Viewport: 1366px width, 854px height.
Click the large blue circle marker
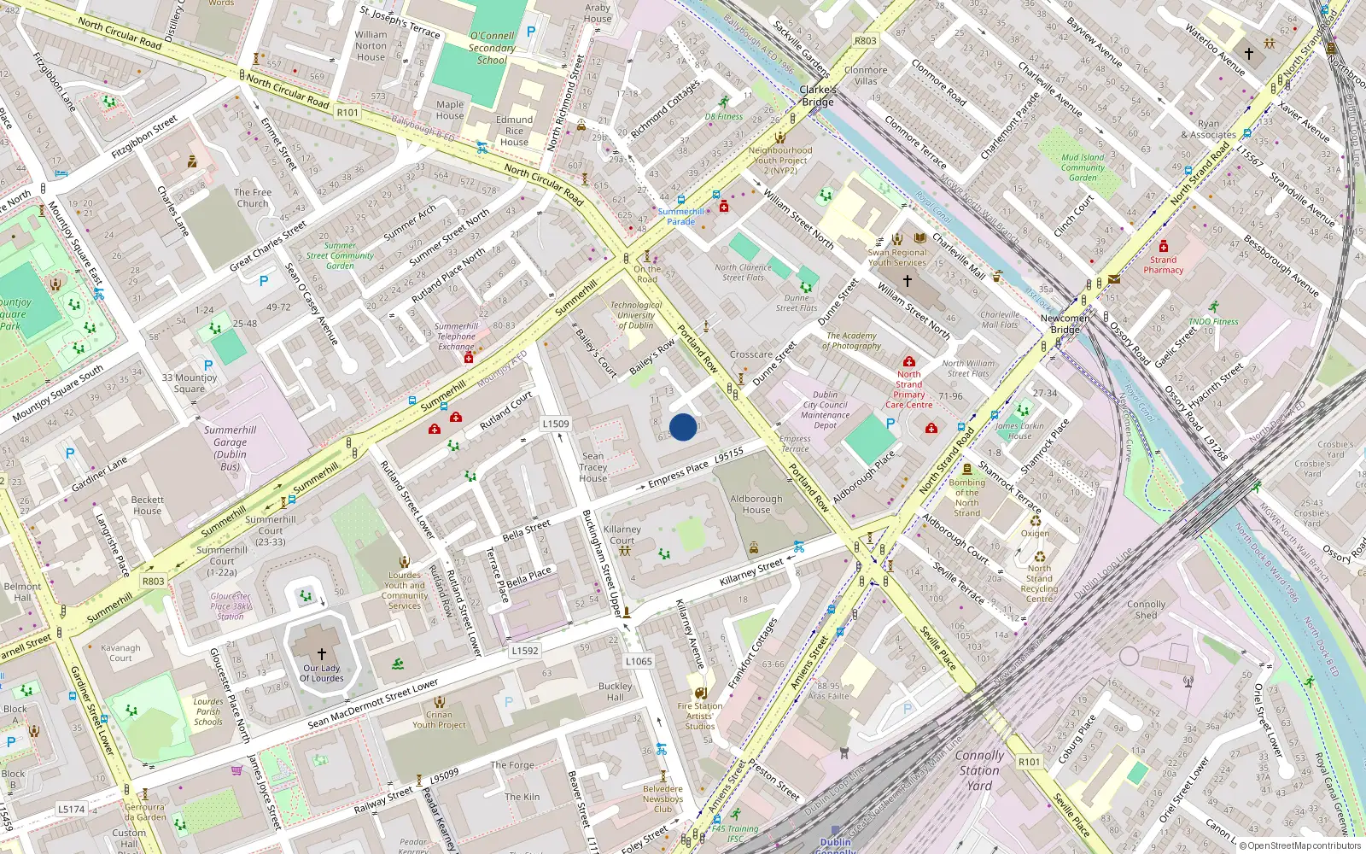[x=683, y=427]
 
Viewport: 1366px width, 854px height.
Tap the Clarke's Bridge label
[x=817, y=96]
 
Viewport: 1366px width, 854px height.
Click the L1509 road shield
[x=555, y=424]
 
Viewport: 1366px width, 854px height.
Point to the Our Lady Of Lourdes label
[x=322, y=674]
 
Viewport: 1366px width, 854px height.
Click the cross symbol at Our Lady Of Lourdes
[x=322, y=653]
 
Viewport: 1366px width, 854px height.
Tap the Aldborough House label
[x=756, y=504]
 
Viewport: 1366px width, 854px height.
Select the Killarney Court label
[x=622, y=535]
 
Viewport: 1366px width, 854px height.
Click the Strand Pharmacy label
[x=1163, y=265]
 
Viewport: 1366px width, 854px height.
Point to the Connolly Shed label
[x=1146, y=610]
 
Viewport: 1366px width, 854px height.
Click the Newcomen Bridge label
[x=1065, y=324]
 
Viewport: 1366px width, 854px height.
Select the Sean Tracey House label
[x=593, y=467]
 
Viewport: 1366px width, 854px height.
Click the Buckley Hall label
[x=615, y=692]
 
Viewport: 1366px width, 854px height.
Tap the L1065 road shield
[x=638, y=661]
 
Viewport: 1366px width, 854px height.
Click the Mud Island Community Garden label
[x=1083, y=167]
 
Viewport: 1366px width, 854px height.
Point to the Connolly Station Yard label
[x=979, y=770]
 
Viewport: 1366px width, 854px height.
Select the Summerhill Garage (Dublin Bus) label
[x=230, y=448]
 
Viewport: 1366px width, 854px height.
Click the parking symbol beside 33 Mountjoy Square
[x=208, y=366]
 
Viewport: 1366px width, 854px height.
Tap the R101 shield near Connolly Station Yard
[x=1030, y=762]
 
